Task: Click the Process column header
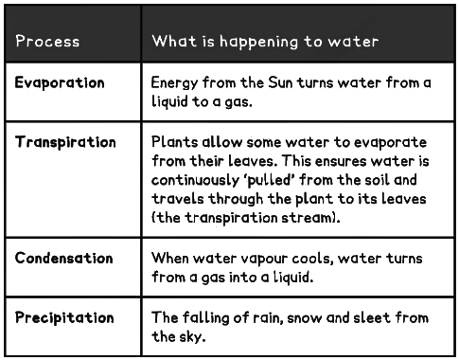47,42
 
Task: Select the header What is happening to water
265,42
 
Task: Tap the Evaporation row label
59,82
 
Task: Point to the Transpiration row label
65,142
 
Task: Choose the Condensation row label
63,258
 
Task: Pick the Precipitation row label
64,316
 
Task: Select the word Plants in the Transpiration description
174,142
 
